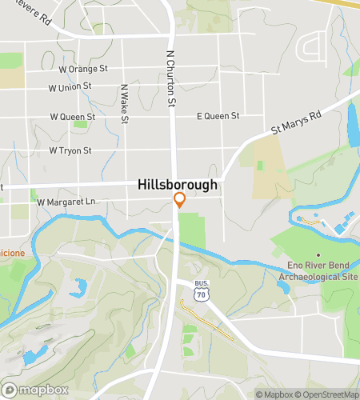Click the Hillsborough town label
(x=178, y=184)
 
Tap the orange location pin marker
(x=180, y=200)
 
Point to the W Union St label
(x=70, y=87)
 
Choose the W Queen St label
(x=72, y=117)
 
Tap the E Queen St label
(x=218, y=117)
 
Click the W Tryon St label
(x=70, y=150)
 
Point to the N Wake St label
(x=124, y=105)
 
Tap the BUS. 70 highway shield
(x=201, y=290)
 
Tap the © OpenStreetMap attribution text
(x=328, y=394)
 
